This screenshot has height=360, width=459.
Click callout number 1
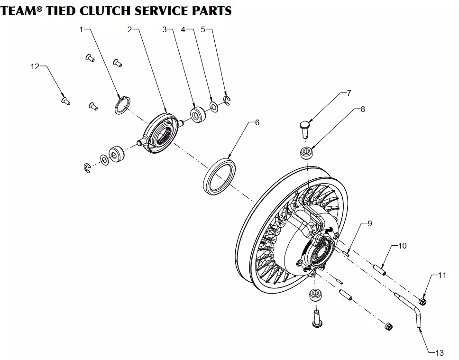tap(81, 29)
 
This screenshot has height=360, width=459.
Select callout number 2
tap(129, 29)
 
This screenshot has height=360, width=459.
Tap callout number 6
tap(257, 122)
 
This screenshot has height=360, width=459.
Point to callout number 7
tap(349, 93)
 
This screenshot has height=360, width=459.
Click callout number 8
tap(363, 109)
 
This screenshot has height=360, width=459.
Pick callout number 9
tap(369, 223)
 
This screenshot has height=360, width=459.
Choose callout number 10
tap(402, 246)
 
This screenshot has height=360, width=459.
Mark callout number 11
tap(442, 275)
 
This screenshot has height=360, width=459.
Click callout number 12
tap(35, 66)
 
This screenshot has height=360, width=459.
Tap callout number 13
tap(440, 352)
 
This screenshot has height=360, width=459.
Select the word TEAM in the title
tap(18, 10)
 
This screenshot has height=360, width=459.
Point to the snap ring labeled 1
tap(122, 105)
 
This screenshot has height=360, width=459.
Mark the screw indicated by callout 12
tap(66, 100)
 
